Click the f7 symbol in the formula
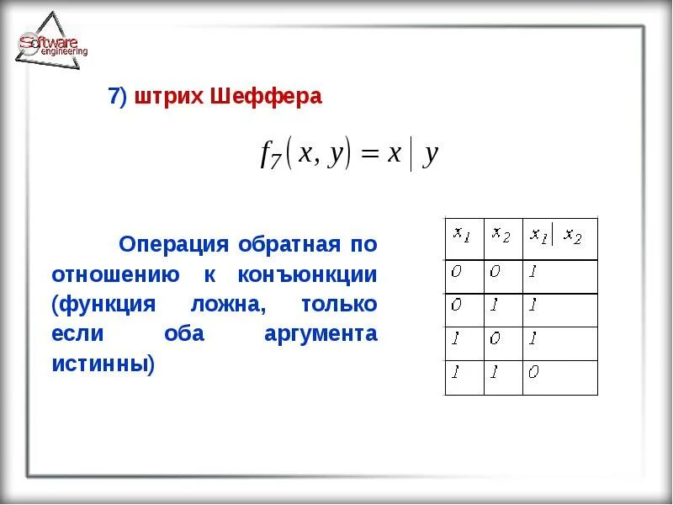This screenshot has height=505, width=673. click(270, 156)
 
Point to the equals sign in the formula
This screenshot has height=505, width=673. click(370, 155)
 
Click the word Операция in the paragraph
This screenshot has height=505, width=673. click(174, 245)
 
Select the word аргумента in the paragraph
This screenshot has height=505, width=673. click(321, 334)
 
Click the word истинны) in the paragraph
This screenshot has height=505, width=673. click(103, 364)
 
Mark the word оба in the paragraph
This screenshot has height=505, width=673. click(182, 334)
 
